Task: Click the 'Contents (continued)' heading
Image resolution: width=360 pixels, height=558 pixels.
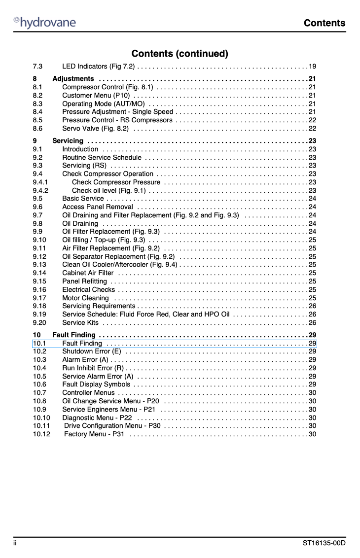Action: point(180,53)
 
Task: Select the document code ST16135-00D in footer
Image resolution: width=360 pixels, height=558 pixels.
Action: point(324,543)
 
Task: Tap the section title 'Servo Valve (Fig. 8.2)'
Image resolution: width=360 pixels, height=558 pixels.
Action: point(96,129)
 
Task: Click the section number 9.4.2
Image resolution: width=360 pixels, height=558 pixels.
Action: point(40,190)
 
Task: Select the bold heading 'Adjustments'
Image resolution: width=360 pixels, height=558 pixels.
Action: point(73,79)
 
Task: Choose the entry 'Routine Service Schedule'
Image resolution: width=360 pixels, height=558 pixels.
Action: point(102,157)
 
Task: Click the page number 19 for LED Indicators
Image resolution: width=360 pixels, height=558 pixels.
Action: point(312,67)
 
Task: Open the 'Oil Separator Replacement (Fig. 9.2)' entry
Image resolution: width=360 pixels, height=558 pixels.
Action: point(118,257)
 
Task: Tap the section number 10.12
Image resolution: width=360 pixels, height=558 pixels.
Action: point(41,434)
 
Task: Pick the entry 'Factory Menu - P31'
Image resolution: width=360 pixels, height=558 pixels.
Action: point(94,434)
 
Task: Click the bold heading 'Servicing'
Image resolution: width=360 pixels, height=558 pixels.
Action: point(68,141)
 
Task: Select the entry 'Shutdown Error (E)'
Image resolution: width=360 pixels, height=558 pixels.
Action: point(91,351)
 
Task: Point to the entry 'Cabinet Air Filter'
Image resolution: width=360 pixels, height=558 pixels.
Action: point(88,273)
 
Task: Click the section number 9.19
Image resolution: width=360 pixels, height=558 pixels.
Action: point(39,314)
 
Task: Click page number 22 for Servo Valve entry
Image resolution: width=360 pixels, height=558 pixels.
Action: point(312,129)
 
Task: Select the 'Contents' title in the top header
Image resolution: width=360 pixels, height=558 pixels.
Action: point(324,23)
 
